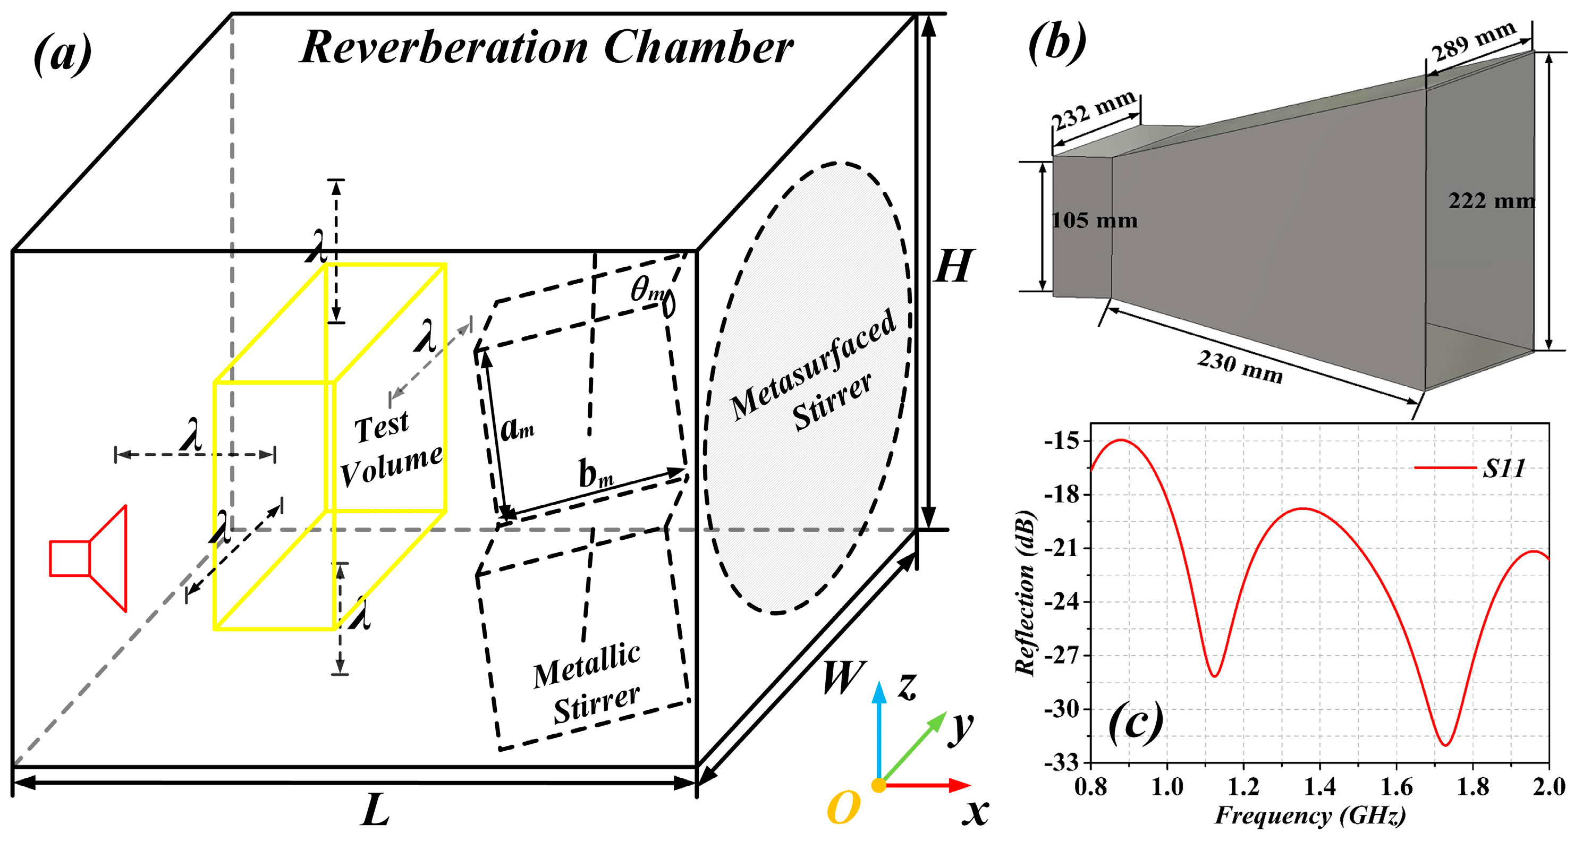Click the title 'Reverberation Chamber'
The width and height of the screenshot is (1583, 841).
546,48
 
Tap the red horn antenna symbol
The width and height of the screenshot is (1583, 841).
89,558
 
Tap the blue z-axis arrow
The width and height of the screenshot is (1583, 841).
879,731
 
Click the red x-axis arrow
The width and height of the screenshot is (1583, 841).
928,785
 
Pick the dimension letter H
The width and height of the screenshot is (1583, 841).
952,267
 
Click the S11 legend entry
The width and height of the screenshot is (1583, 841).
1503,469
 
